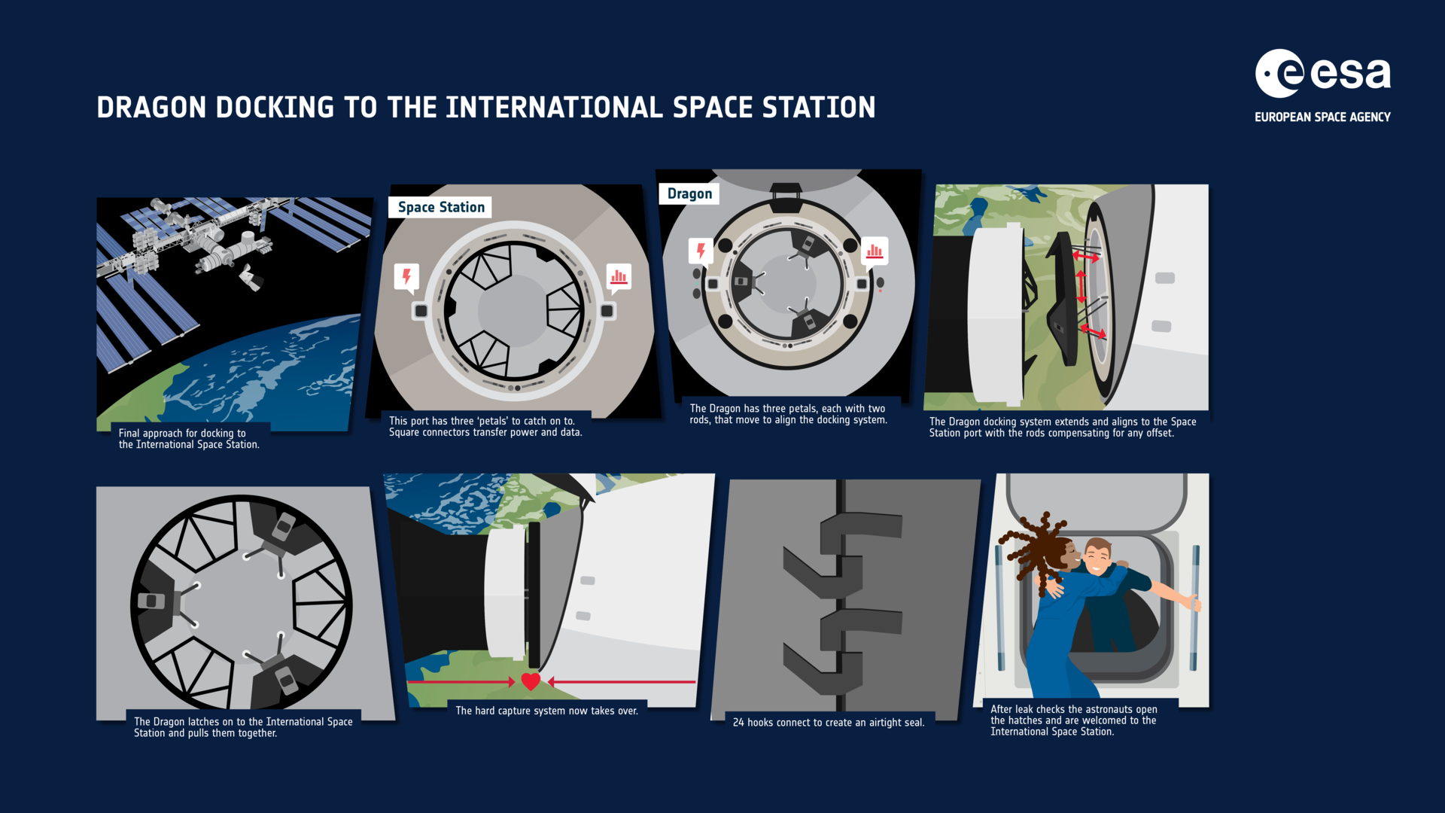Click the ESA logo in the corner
(x=1322, y=74)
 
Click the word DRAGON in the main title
(x=151, y=108)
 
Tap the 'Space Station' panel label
(x=440, y=207)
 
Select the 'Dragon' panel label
(x=689, y=193)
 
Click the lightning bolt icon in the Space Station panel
(x=406, y=276)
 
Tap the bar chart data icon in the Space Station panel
(x=619, y=276)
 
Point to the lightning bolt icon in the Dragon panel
(x=701, y=250)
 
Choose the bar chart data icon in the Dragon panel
(x=875, y=250)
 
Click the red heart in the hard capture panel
(x=531, y=681)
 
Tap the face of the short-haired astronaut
(x=1097, y=558)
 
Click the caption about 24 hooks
(x=828, y=722)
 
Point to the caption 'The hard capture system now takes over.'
(x=546, y=711)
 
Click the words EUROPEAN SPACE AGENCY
(x=1322, y=117)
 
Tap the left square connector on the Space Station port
(x=421, y=311)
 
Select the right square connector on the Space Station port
(x=607, y=311)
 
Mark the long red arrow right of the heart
(x=622, y=682)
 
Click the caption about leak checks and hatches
(x=1073, y=720)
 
